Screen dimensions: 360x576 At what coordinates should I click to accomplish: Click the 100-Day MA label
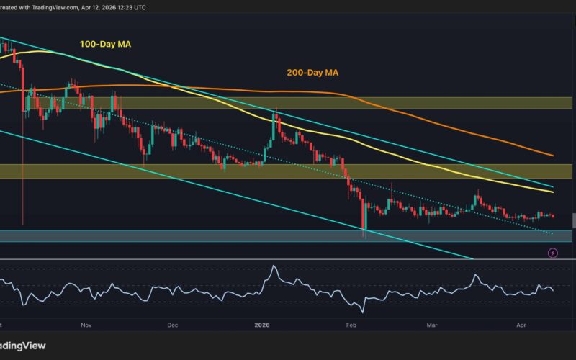(x=105, y=45)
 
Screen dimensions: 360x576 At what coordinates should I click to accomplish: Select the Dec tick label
(x=172, y=325)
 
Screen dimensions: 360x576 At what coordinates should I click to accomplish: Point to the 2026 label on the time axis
(x=261, y=325)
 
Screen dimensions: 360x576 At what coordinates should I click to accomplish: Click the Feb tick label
(x=351, y=325)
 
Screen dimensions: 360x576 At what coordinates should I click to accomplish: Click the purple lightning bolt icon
(x=553, y=253)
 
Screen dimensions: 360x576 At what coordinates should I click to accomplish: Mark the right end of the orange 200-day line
(x=552, y=156)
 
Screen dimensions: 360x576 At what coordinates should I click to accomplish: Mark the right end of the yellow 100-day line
(x=552, y=192)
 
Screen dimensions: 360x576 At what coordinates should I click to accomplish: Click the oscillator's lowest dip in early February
(x=363, y=310)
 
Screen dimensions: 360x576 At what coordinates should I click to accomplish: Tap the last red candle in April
(x=552, y=215)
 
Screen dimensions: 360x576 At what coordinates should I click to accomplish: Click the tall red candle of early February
(x=364, y=216)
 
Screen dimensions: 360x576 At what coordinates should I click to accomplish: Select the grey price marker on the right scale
(x=573, y=220)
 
